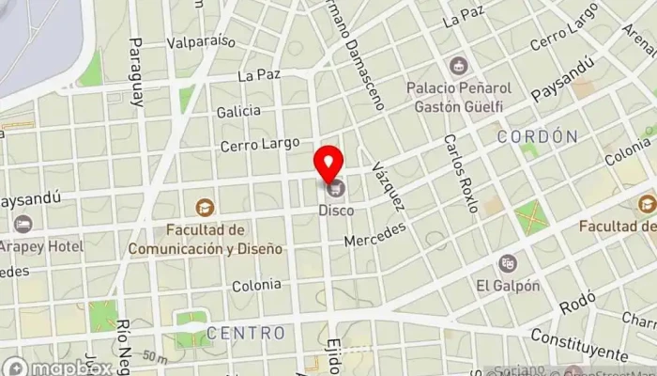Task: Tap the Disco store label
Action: click(337, 211)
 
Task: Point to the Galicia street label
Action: click(237, 111)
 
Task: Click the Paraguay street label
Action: click(136, 72)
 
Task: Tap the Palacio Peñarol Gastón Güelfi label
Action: click(458, 97)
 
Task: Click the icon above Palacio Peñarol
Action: click(458, 65)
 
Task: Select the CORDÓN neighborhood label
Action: click(538, 136)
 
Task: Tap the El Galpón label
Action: click(508, 286)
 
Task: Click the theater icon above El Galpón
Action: click(508, 262)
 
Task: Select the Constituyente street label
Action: click(577, 345)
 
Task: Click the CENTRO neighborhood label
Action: click(245, 333)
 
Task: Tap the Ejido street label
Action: click(333, 354)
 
